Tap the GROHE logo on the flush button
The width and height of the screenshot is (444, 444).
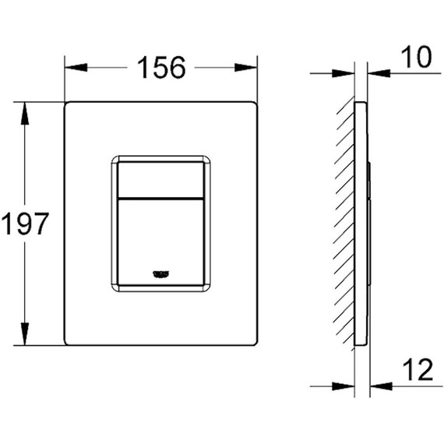click(x=162, y=272)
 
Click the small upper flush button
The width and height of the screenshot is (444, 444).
click(x=161, y=177)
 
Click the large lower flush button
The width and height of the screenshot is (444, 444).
click(x=161, y=238)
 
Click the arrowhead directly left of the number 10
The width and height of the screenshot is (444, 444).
click(x=377, y=75)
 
